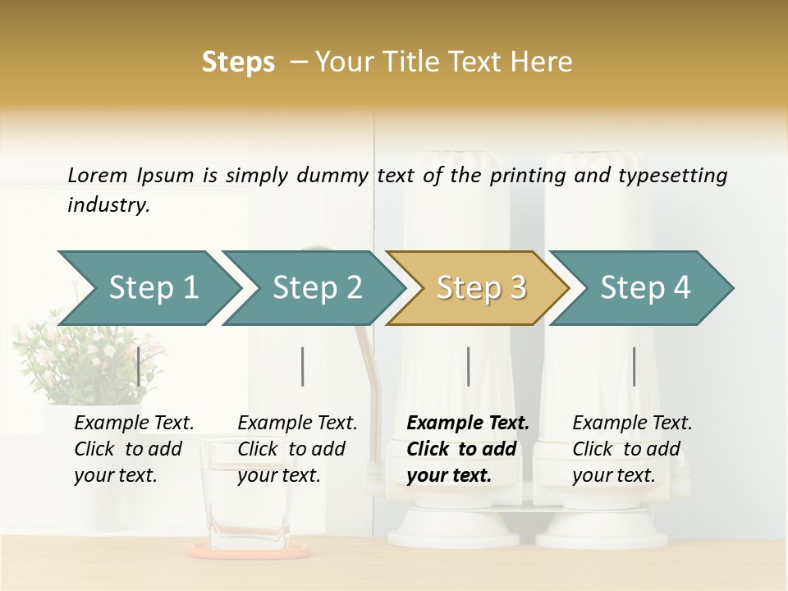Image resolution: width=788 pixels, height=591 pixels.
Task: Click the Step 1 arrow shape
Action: pos(152,288)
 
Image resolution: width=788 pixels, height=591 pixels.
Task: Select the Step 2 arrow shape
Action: pos(316,288)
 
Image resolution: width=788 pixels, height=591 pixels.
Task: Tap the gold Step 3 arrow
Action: pos(480,288)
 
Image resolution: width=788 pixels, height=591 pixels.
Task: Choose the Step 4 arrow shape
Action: pos(644,288)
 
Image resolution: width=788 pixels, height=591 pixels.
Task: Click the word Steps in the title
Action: pos(238,62)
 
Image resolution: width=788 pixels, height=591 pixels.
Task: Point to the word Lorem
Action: pos(98,175)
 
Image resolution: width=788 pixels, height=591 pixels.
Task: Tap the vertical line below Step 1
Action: pos(138,366)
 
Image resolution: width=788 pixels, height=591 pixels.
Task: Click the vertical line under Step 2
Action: pos(303,366)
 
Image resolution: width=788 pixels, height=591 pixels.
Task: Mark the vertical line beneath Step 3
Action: pos(468,366)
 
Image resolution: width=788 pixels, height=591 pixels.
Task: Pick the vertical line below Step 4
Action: pos(634,366)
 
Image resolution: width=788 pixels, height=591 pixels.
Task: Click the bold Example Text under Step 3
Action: pos(468,424)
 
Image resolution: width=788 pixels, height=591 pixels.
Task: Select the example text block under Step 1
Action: pos(134,449)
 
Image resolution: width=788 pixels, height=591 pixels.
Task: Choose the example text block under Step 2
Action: pos(297,449)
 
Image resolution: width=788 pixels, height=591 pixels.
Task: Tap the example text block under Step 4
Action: pos(632,449)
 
